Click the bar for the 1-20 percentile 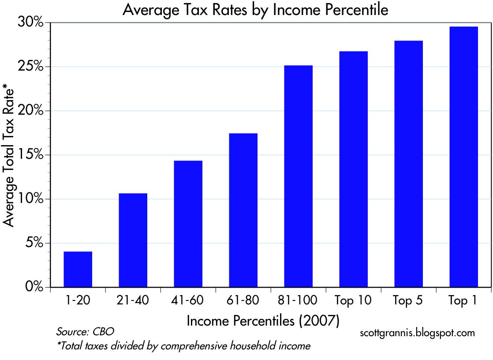click(78, 269)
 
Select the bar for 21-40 click(133, 240)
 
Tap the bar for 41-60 click(188, 224)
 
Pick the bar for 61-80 click(243, 210)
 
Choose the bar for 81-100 click(298, 176)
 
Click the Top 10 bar click(353, 169)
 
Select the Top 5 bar click(408, 164)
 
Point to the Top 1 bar click(463, 157)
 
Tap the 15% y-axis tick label click(32, 155)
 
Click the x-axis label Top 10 click(353, 301)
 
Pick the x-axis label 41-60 click(188, 301)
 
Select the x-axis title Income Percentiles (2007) click(263, 321)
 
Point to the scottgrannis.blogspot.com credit click(418, 333)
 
